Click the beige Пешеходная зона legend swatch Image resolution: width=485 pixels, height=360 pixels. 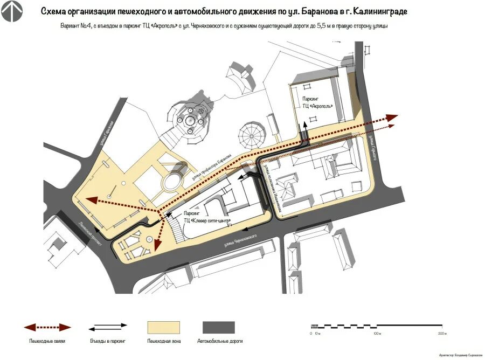pyautogui.click(x=164, y=328)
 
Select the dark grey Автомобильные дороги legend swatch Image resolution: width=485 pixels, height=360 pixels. pyautogui.click(x=219, y=328)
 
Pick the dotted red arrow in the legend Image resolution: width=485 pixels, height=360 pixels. pyautogui.click(x=47, y=327)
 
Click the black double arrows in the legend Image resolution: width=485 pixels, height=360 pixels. pyautogui.click(x=108, y=327)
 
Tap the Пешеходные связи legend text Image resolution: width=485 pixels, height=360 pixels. pyautogui.click(x=47, y=341)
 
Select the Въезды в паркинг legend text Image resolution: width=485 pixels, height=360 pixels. pyautogui.click(x=108, y=341)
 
